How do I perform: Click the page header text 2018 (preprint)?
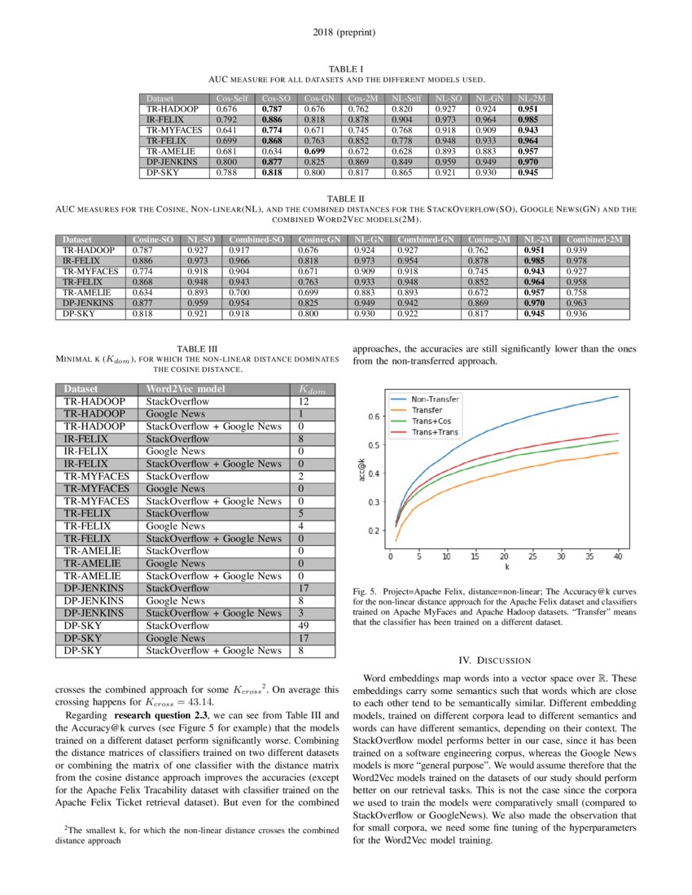point(345,33)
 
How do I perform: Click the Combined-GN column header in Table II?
point(427,239)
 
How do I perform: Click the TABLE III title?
point(195,349)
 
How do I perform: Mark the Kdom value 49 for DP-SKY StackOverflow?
point(304,626)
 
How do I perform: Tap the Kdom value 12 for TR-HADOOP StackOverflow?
point(304,402)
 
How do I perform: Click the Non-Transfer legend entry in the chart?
point(435,399)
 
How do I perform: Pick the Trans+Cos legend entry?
point(431,421)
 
